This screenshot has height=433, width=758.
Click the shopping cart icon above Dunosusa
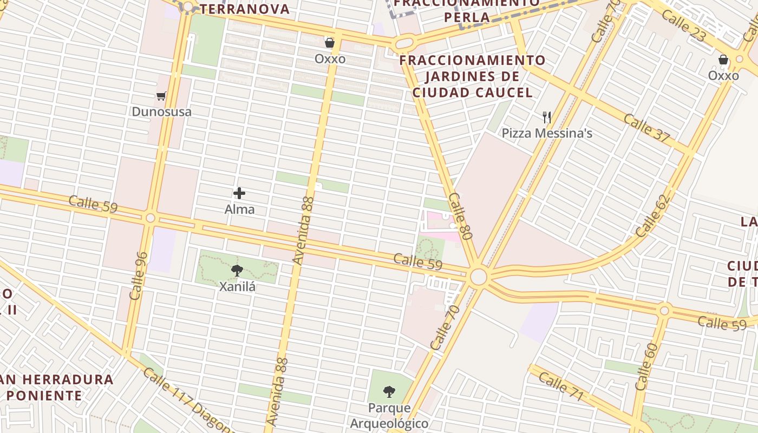[x=161, y=96]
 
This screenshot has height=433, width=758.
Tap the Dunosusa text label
[x=161, y=112]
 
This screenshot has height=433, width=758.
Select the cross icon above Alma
[x=239, y=193]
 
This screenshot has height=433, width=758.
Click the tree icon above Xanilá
[x=237, y=271]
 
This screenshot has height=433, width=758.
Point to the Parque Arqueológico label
[x=389, y=415]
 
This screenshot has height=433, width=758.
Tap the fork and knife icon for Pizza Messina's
[x=547, y=117]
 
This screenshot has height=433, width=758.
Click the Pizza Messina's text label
[x=547, y=133]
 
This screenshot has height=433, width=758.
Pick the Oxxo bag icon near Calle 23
[x=723, y=60]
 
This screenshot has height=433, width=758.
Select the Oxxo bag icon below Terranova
[x=329, y=43]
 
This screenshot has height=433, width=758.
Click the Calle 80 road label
[x=461, y=216]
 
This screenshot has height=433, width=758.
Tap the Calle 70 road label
[x=445, y=327]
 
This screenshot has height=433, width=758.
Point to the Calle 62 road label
[x=653, y=215]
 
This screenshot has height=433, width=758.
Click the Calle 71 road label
[x=561, y=386]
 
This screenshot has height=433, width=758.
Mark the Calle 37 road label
[x=646, y=127]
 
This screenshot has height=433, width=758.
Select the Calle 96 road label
[x=139, y=275]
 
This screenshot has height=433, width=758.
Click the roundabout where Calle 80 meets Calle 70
[x=479, y=277]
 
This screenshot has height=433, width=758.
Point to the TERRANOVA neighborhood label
[x=245, y=9]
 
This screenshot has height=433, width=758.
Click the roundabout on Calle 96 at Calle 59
[x=151, y=218]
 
